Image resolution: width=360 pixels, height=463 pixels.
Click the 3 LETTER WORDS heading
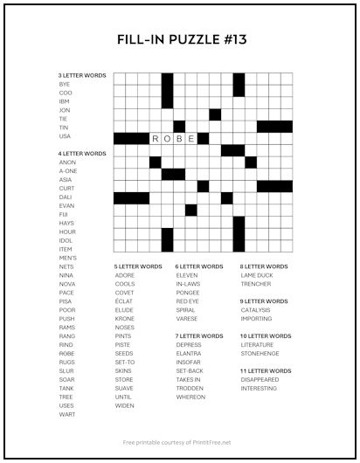[82, 76]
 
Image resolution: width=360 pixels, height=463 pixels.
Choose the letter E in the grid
[191, 138]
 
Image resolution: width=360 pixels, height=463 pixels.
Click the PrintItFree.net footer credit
[180, 442]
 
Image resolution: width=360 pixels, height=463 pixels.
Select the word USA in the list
[66, 136]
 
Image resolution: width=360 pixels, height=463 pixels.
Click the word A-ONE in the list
[68, 171]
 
